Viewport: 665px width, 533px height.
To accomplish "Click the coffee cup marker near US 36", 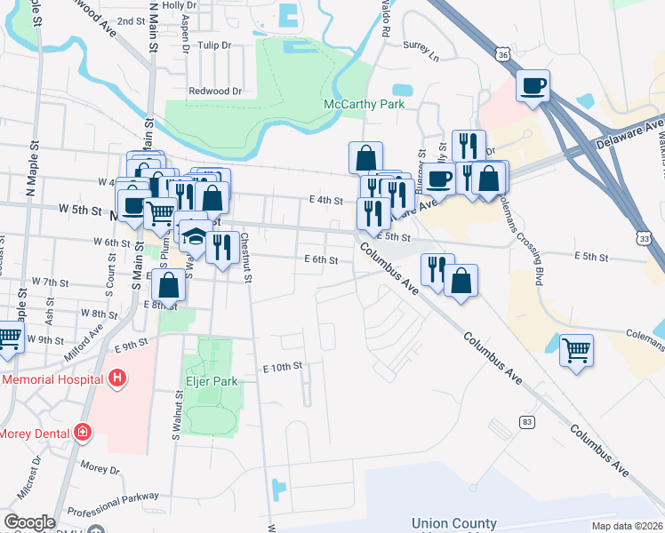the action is (533, 86).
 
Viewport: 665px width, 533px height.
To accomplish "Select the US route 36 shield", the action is (504, 55).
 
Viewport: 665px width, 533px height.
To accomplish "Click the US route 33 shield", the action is (643, 239).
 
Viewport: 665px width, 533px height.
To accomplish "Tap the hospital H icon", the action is (116, 379).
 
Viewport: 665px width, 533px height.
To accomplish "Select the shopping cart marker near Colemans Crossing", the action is (576, 349).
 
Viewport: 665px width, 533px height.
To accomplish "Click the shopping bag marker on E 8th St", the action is (168, 286).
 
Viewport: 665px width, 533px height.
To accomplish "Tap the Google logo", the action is (28, 522).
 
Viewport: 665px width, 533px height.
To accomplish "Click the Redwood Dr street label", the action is (215, 91).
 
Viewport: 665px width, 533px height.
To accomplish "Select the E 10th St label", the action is (283, 366).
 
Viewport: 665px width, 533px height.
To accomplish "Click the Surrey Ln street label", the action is (421, 55).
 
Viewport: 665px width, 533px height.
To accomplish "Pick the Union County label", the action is (453, 523).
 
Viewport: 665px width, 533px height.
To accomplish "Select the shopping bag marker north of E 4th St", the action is (365, 158).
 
